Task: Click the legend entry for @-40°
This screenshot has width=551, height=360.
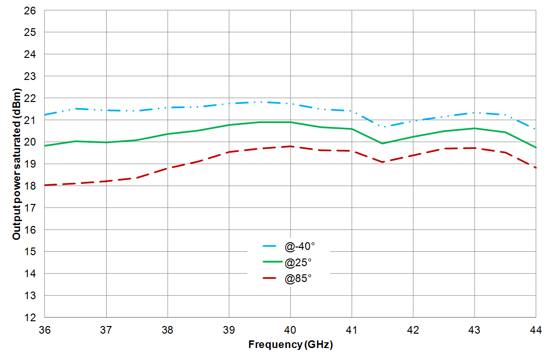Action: (x=300, y=247)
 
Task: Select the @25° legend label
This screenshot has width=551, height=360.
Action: (x=298, y=262)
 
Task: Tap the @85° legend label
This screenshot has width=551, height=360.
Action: (x=298, y=278)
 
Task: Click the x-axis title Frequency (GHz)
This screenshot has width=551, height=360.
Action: (x=290, y=345)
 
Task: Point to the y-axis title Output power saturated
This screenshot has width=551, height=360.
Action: (x=17, y=164)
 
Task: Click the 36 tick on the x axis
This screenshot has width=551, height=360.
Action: (x=44, y=330)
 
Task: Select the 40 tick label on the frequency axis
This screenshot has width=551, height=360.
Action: (x=290, y=330)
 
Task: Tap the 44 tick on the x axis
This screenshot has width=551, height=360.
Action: (x=536, y=330)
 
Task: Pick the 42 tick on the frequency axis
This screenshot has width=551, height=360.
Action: (x=413, y=330)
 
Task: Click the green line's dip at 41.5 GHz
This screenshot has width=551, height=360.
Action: (x=382, y=143)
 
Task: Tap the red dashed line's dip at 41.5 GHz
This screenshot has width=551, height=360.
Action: (x=382, y=162)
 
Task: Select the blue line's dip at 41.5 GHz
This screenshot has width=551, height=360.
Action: (x=382, y=127)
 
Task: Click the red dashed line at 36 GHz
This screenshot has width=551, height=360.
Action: (x=45, y=185)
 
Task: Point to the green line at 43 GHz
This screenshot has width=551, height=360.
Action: (x=474, y=128)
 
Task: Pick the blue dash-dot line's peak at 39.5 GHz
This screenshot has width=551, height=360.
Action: (x=260, y=102)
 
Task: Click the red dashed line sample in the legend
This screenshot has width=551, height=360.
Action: (x=271, y=278)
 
